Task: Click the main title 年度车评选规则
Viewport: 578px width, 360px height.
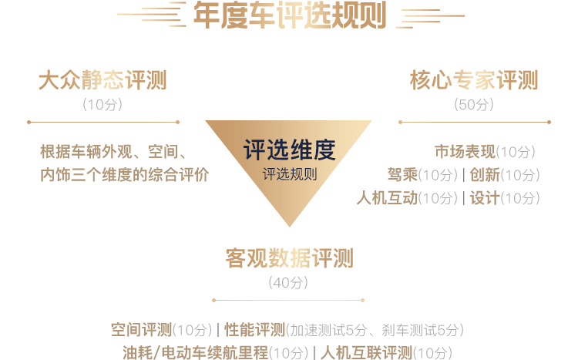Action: (x=289, y=15)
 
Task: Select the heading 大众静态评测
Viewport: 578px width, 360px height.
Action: (x=102, y=81)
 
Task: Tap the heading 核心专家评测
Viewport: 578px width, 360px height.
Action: (x=474, y=81)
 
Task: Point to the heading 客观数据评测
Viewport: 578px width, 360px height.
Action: (x=289, y=258)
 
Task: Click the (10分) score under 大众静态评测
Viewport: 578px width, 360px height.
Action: (x=102, y=105)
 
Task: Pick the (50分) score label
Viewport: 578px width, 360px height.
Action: (x=474, y=105)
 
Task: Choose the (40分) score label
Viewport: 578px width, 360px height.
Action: (x=289, y=283)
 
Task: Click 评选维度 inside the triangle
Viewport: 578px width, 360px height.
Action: (x=289, y=150)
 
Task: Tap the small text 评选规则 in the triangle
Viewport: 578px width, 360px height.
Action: (x=289, y=174)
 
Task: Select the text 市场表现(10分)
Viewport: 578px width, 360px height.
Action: (x=485, y=152)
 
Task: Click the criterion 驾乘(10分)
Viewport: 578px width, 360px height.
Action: (x=422, y=175)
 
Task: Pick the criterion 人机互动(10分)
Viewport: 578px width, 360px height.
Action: (x=407, y=198)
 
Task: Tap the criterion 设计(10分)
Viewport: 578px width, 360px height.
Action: (x=504, y=198)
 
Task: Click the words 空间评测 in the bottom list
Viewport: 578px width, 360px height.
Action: (x=141, y=331)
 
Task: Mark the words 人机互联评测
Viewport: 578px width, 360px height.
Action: (x=366, y=353)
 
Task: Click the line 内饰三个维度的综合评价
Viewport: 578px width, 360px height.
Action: (x=124, y=175)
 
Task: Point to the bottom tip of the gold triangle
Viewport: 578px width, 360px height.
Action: (x=289, y=225)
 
